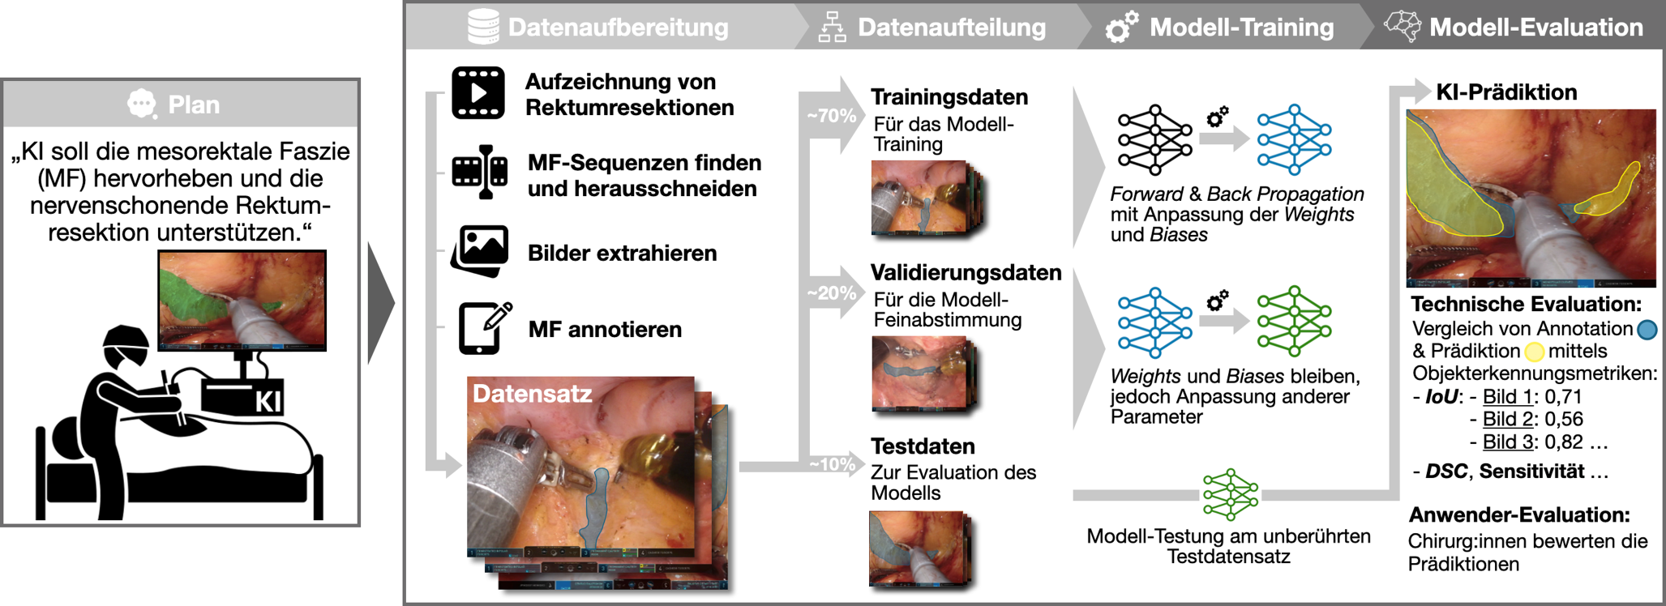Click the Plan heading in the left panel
click(193, 105)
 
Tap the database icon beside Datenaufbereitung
click(483, 27)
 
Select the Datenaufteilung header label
click(952, 28)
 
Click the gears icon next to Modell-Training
click(1121, 27)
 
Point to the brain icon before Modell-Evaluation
click(1402, 26)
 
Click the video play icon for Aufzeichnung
click(478, 93)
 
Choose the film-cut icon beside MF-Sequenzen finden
click(481, 172)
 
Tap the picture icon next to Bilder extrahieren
click(480, 251)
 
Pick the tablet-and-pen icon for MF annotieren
click(484, 328)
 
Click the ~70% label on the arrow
click(831, 116)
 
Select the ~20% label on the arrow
click(831, 293)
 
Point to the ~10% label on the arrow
click(832, 464)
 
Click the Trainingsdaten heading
click(949, 97)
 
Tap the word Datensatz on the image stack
click(533, 394)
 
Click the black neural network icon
click(1154, 139)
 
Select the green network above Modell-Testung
click(1230, 493)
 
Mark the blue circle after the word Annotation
click(1647, 329)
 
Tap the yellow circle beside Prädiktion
click(1534, 352)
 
